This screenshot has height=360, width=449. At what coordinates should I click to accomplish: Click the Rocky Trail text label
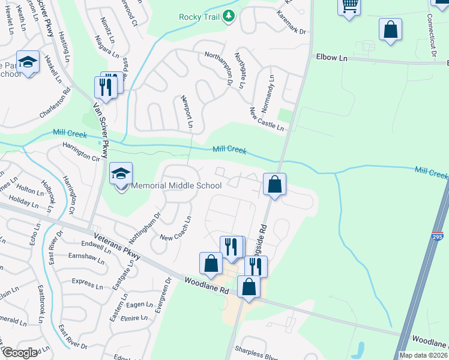200,16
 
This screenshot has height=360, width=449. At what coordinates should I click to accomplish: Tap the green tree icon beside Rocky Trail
228,16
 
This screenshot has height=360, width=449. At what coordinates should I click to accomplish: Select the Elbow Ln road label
331,58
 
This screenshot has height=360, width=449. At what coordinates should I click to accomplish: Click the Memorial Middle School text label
176,185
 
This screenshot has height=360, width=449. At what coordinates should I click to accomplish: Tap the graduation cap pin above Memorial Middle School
121,174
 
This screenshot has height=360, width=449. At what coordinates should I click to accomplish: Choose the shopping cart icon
349,7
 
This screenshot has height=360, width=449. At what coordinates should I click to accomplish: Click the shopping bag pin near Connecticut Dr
390,29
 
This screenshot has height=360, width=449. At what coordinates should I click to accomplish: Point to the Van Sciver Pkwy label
100,130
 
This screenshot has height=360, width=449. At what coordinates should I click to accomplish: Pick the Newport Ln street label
186,112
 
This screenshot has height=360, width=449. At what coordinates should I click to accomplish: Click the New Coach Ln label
175,229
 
